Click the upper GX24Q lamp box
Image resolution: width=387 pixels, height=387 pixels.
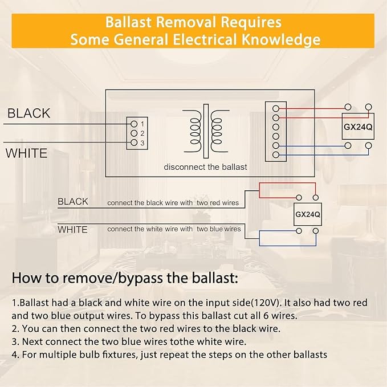point(358,127)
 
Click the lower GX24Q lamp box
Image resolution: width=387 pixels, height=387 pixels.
point(308,214)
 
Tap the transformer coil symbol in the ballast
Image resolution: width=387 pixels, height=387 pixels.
point(206,131)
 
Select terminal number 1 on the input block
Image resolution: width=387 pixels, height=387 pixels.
point(134,124)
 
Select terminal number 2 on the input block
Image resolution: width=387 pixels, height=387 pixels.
point(134,133)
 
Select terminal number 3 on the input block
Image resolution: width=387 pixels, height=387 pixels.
point(134,142)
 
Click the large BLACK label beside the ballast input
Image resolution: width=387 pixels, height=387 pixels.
point(28,113)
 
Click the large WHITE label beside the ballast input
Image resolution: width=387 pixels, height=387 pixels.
point(26,153)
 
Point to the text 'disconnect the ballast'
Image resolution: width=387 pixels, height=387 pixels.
point(205,167)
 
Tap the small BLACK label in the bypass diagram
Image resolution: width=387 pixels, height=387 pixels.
point(73,201)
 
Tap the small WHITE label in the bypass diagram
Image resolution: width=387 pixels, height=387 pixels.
point(72,230)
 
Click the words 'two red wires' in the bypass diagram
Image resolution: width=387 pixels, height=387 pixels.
point(218,203)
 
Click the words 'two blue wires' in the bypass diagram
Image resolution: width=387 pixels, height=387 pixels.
point(219,229)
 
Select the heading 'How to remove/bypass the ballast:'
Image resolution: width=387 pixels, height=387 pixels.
point(125,278)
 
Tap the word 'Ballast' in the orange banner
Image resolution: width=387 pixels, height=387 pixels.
point(128,22)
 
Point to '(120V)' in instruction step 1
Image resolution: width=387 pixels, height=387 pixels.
point(266,303)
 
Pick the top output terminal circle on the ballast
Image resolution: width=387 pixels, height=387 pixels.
point(276,108)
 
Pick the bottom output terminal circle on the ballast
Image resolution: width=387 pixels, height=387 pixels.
point(276,155)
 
